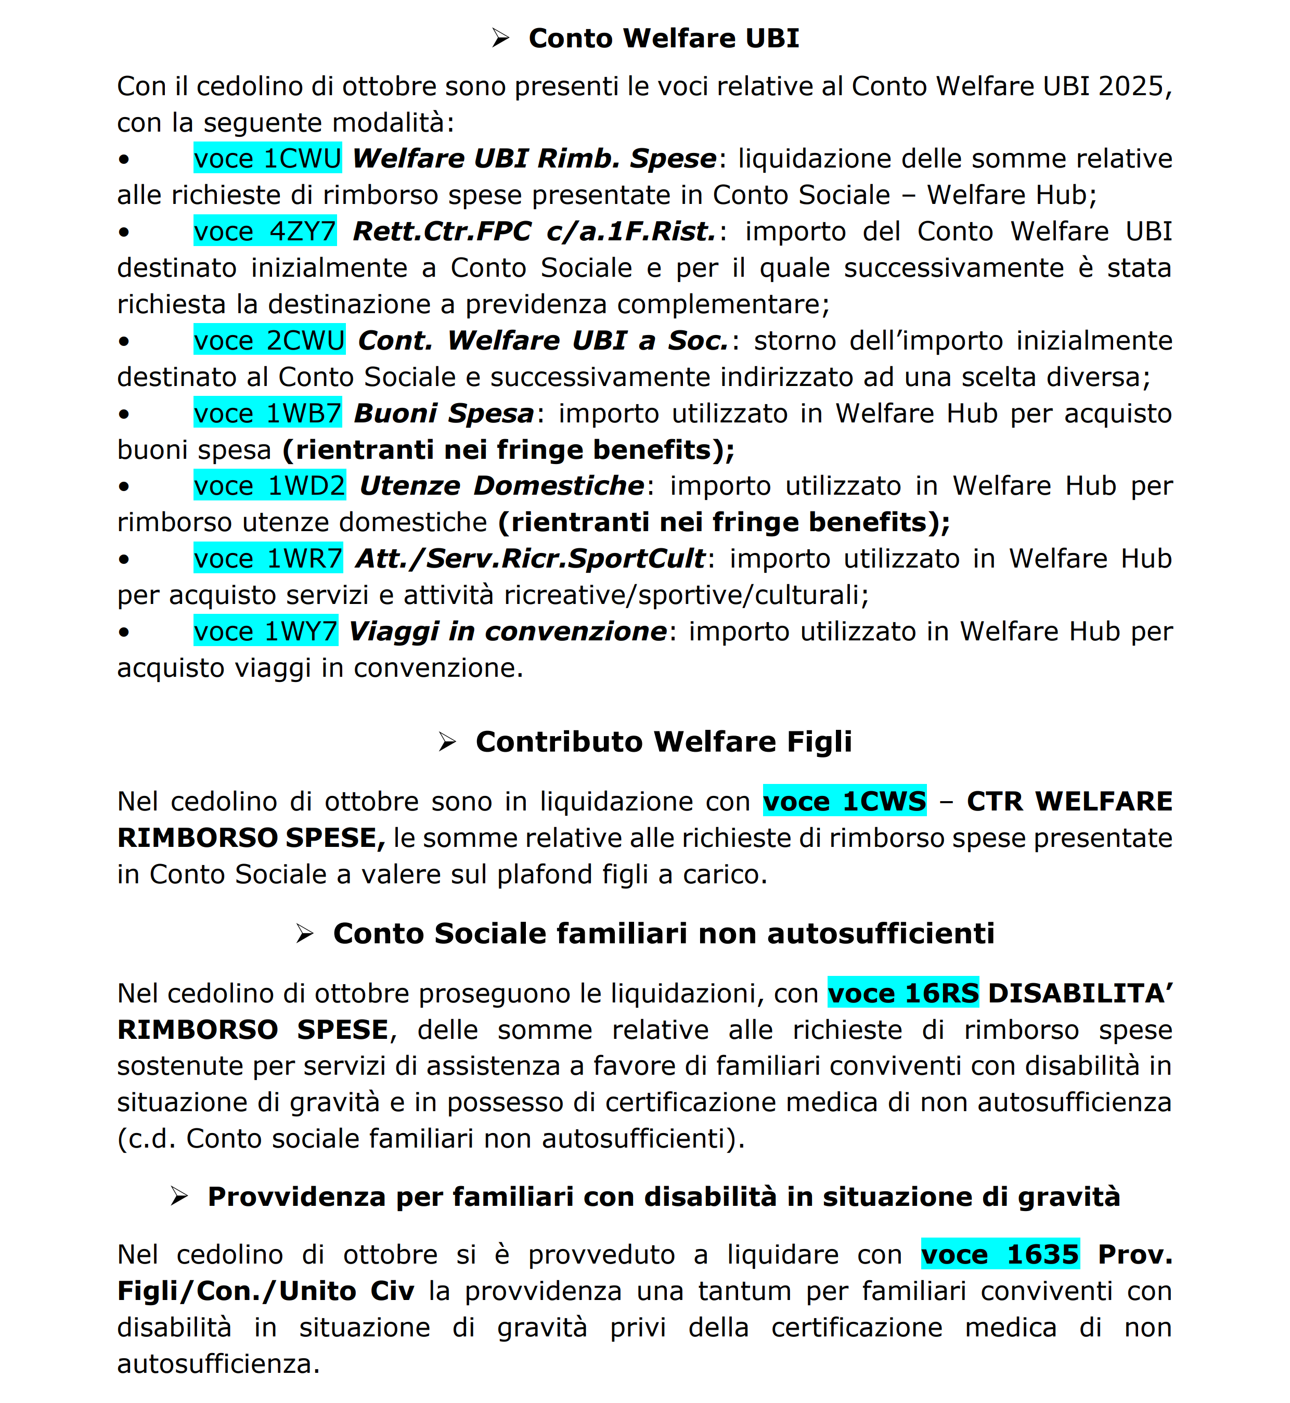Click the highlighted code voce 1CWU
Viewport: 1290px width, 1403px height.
click(267, 159)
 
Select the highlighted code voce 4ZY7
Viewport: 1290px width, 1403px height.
click(265, 231)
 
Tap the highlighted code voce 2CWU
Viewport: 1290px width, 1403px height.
click(269, 341)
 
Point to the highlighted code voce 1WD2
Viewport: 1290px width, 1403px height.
click(269, 486)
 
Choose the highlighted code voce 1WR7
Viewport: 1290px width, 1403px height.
click(268, 558)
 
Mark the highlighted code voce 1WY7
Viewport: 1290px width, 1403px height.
click(266, 631)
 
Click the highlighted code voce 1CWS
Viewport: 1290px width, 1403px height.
click(845, 801)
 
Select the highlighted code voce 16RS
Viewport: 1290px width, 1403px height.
click(904, 993)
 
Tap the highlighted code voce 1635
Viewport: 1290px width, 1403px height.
click(1000, 1254)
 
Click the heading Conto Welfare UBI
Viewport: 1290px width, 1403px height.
click(663, 38)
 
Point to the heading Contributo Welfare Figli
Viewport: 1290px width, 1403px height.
click(663, 741)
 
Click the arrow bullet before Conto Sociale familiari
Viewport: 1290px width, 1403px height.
click(304, 933)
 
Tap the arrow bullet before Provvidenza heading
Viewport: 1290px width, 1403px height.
click(179, 1196)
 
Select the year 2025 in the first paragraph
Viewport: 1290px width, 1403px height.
click(1134, 86)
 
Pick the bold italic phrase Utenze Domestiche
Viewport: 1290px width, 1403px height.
click(502, 486)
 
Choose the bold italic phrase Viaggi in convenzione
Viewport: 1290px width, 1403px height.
click(508, 631)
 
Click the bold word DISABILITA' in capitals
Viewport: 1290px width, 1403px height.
click(1080, 993)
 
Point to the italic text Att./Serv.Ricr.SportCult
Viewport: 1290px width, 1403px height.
click(531, 558)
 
